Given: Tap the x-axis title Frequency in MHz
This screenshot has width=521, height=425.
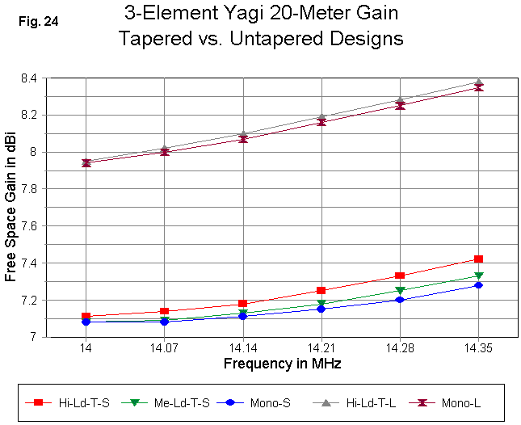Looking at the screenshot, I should [x=282, y=364].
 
